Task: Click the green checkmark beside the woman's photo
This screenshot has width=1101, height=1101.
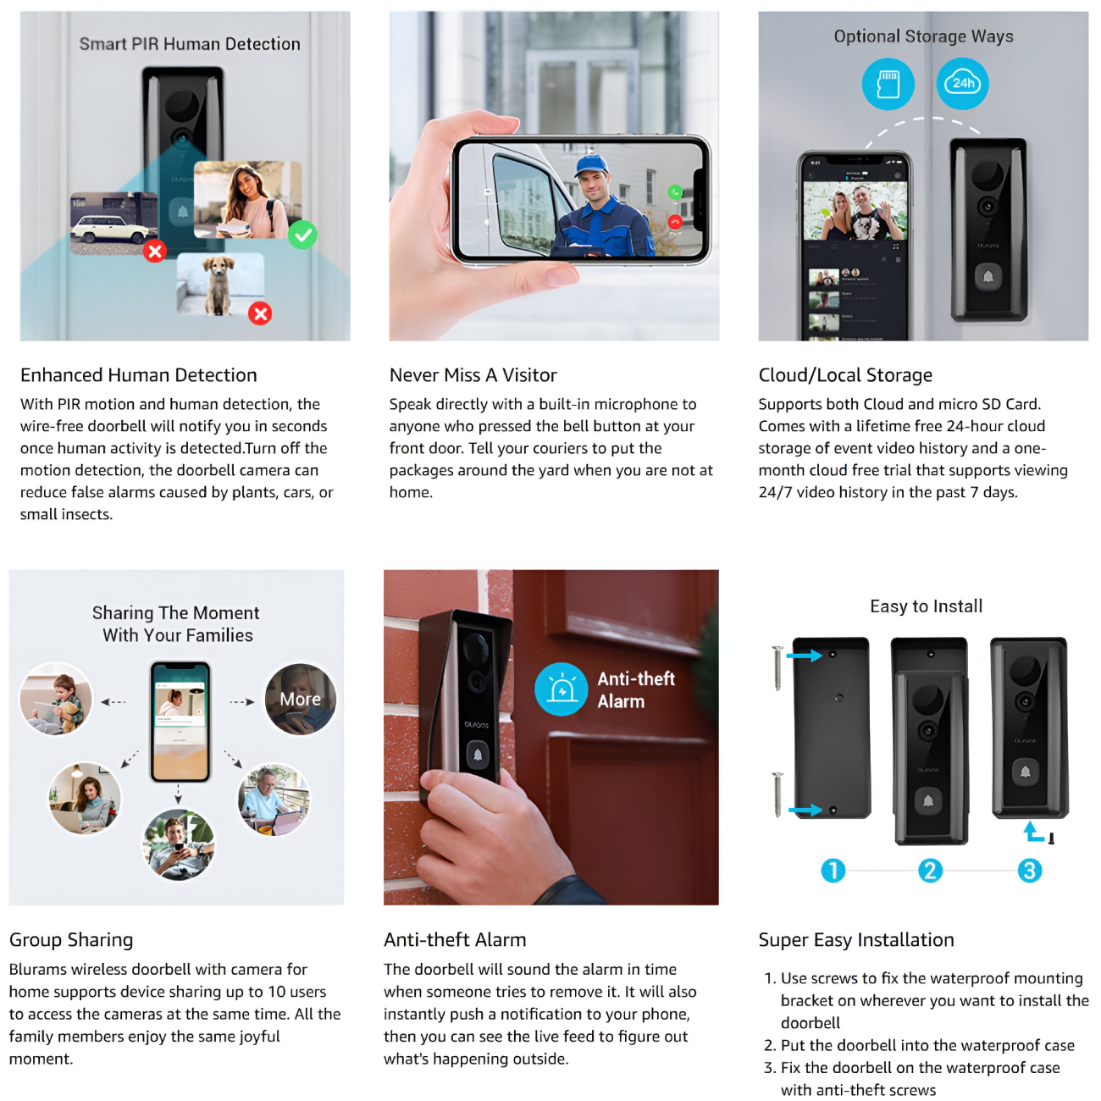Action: tap(302, 235)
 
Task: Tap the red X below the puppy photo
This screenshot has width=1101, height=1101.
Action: tap(260, 313)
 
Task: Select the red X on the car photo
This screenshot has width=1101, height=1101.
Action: tap(155, 250)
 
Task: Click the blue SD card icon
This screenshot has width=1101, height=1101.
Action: tap(888, 84)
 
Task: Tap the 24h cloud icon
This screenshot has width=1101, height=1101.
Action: tap(962, 84)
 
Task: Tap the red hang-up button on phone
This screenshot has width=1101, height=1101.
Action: tap(675, 222)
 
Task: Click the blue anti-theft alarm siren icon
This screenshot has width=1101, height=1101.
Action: tap(561, 689)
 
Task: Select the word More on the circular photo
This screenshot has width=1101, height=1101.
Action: tap(300, 699)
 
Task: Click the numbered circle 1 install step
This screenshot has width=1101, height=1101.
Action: tap(833, 871)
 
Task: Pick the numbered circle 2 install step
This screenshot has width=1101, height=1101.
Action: tap(930, 871)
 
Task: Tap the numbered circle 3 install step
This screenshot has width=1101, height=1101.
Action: tap(1029, 871)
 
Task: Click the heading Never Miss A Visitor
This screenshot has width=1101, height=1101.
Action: tap(473, 375)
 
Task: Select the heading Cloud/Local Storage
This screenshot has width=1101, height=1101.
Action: tap(845, 375)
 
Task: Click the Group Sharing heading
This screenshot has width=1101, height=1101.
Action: tap(71, 940)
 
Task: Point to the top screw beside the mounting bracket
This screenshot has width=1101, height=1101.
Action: tap(777, 667)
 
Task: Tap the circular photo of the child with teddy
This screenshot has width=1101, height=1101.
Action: tap(56, 698)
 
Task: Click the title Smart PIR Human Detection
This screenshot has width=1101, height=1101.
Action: tap(190, 44)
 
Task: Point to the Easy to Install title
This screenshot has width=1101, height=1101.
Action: tap(927, 606)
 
